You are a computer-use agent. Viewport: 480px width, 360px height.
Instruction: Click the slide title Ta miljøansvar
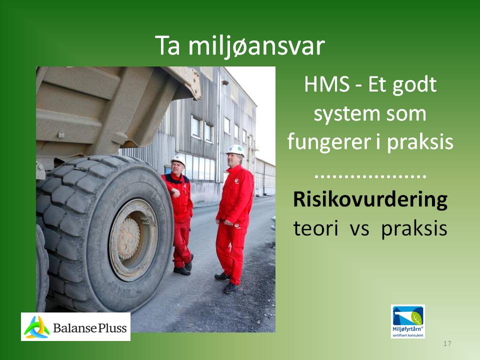(239, 46)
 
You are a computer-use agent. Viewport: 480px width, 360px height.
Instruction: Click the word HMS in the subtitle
(326, 84)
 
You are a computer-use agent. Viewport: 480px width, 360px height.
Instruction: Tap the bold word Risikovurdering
(370, 199)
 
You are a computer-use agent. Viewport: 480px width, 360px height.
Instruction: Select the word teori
(315, 228)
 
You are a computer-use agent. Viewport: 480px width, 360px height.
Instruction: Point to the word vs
(359, 229)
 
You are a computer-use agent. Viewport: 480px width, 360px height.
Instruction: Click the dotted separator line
(370, 176)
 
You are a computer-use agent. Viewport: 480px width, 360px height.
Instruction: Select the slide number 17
(447, 343)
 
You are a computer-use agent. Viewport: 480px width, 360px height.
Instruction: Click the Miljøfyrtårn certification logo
(408, 321)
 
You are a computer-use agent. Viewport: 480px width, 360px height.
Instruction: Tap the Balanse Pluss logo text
(89, 328)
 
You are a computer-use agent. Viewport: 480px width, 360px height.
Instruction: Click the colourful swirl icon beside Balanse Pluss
(36, 327)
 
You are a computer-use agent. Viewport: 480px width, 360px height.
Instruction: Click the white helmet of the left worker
(178, 159)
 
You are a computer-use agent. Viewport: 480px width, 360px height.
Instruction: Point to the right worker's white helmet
(235, 150)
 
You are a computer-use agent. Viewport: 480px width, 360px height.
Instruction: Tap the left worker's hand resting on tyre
(175, 192)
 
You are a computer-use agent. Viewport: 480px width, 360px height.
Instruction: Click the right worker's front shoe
(229, 288)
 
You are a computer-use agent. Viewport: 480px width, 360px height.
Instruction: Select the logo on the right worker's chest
(236, 181)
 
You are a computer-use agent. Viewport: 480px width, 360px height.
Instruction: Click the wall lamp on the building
(225, 82)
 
